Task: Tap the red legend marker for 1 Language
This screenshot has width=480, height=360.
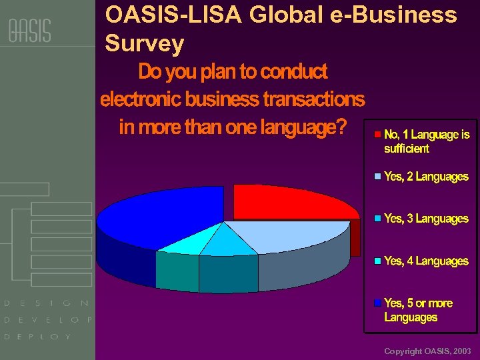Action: [x=378, y=135]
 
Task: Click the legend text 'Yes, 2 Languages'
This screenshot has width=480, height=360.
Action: [x=426, y=177]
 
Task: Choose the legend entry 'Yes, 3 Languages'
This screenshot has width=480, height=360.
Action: [x=426, y=219]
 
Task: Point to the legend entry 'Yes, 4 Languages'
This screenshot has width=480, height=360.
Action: [x=426, y=261]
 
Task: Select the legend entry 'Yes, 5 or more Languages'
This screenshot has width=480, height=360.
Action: [x=418, y=310]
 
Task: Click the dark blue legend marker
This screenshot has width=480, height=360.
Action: [x=378, y=303]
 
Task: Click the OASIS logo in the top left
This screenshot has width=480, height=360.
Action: [x=29, y=31]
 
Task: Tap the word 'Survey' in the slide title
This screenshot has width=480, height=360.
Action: [x=144, y=44]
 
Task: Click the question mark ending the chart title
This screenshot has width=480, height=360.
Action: [x=342, y=127]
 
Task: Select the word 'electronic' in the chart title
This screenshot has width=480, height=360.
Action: [x=141, y=99]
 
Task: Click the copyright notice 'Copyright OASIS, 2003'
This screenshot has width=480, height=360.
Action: [x=427, y=351]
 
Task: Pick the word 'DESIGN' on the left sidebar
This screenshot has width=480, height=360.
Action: [x=47, y=303]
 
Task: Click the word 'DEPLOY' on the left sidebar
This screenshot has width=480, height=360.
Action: [x=37, y=337]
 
